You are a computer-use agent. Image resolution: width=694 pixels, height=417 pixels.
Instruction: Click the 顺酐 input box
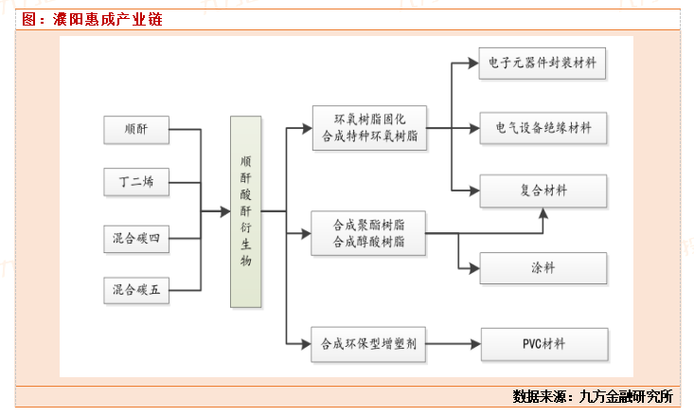pyautogui.click(x=136, y=129)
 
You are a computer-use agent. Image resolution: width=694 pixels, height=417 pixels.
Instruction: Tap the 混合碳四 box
pyautogui.click(x=136, y=237)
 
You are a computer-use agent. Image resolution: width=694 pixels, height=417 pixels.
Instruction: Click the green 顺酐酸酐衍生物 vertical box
pyautogui.click(x=245, y=210)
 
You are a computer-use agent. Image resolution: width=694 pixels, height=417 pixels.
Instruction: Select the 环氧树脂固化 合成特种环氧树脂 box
pyautogui.click(x=368, y=129)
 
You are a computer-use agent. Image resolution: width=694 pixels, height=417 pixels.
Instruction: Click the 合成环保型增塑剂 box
pyautogui.click(x=368, y=343)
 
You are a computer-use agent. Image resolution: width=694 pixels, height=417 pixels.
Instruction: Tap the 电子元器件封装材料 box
pyautogui.click(x=543, y=64)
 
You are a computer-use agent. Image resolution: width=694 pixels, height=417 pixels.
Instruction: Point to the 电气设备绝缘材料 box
pyautogui.click(x=543, y=128)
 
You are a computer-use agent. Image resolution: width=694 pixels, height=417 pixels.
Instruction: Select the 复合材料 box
pyautogui.click(x=543, y=191)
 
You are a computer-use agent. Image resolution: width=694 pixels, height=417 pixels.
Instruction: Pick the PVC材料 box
pyautogui.click(x=543, y=343)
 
